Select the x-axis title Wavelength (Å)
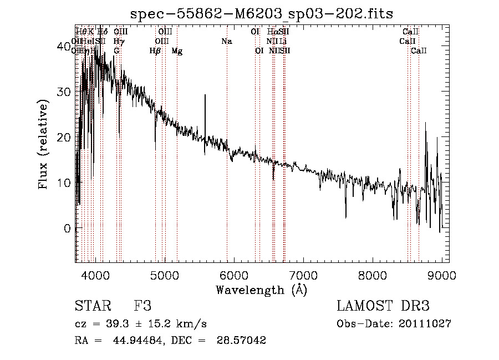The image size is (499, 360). [261, 290]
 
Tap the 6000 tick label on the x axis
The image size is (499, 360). [234, 276]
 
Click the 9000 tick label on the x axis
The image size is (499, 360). [442, 276]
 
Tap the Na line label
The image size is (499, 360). [226, 41]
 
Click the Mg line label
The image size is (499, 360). [177, 51]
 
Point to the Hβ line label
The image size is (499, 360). [155, 51]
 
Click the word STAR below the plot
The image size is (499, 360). [93, 306]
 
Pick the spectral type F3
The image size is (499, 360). [142, 306]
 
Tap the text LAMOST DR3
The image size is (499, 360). [383, 306]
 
